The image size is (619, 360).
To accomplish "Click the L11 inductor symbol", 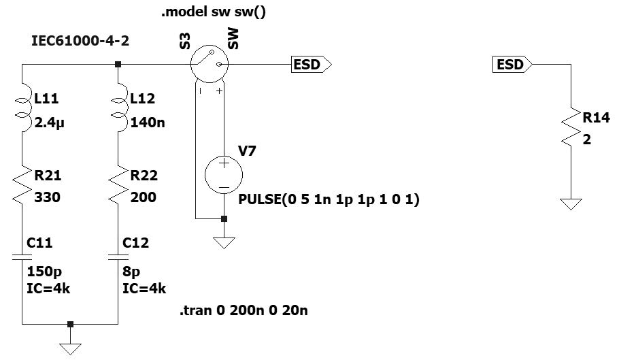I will click(22, 110).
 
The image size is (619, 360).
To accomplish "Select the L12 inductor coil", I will click(118, 110).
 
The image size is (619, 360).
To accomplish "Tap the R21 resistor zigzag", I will click(22, 185).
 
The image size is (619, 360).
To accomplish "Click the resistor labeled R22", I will click(118, 185).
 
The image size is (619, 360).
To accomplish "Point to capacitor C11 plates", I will click(22, 257).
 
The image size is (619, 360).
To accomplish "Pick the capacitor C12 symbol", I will click(118, 257).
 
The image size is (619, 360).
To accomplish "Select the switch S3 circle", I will click(209, 65).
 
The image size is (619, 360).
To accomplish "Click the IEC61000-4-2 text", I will click(80, 42).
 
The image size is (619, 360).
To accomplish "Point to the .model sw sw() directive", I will click(213, 13).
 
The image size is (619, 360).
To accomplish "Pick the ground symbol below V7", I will click(224, 242).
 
